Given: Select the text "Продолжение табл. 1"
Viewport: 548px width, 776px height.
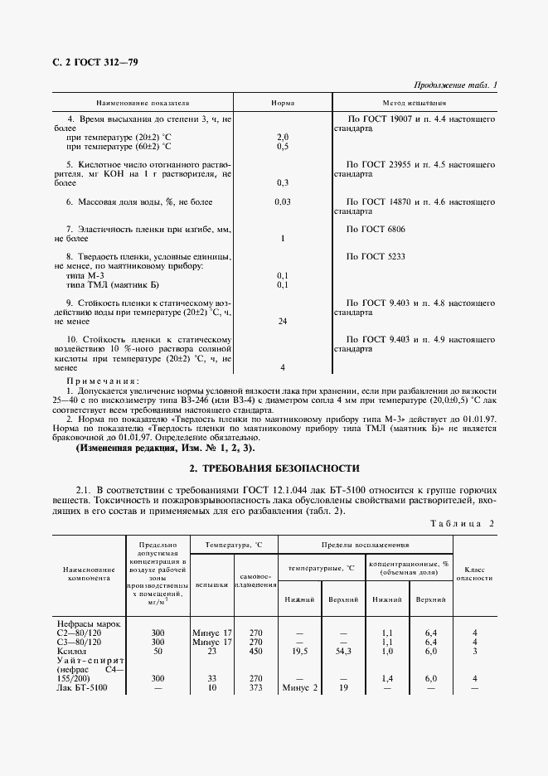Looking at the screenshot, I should click(454, 85).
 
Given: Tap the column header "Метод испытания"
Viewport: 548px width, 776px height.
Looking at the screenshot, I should click(415, 104).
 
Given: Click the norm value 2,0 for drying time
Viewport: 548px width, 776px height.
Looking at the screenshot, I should click(282, 137).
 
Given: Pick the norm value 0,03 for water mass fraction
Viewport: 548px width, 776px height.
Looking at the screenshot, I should click(282, 201).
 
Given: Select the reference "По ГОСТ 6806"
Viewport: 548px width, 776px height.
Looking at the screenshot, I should click(376, 228).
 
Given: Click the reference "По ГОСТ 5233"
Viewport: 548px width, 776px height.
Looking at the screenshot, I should click(376, 256).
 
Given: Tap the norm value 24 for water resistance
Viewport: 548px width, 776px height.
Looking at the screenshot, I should click(282, 320).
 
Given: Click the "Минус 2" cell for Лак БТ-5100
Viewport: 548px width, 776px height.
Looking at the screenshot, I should click(299, 688).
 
